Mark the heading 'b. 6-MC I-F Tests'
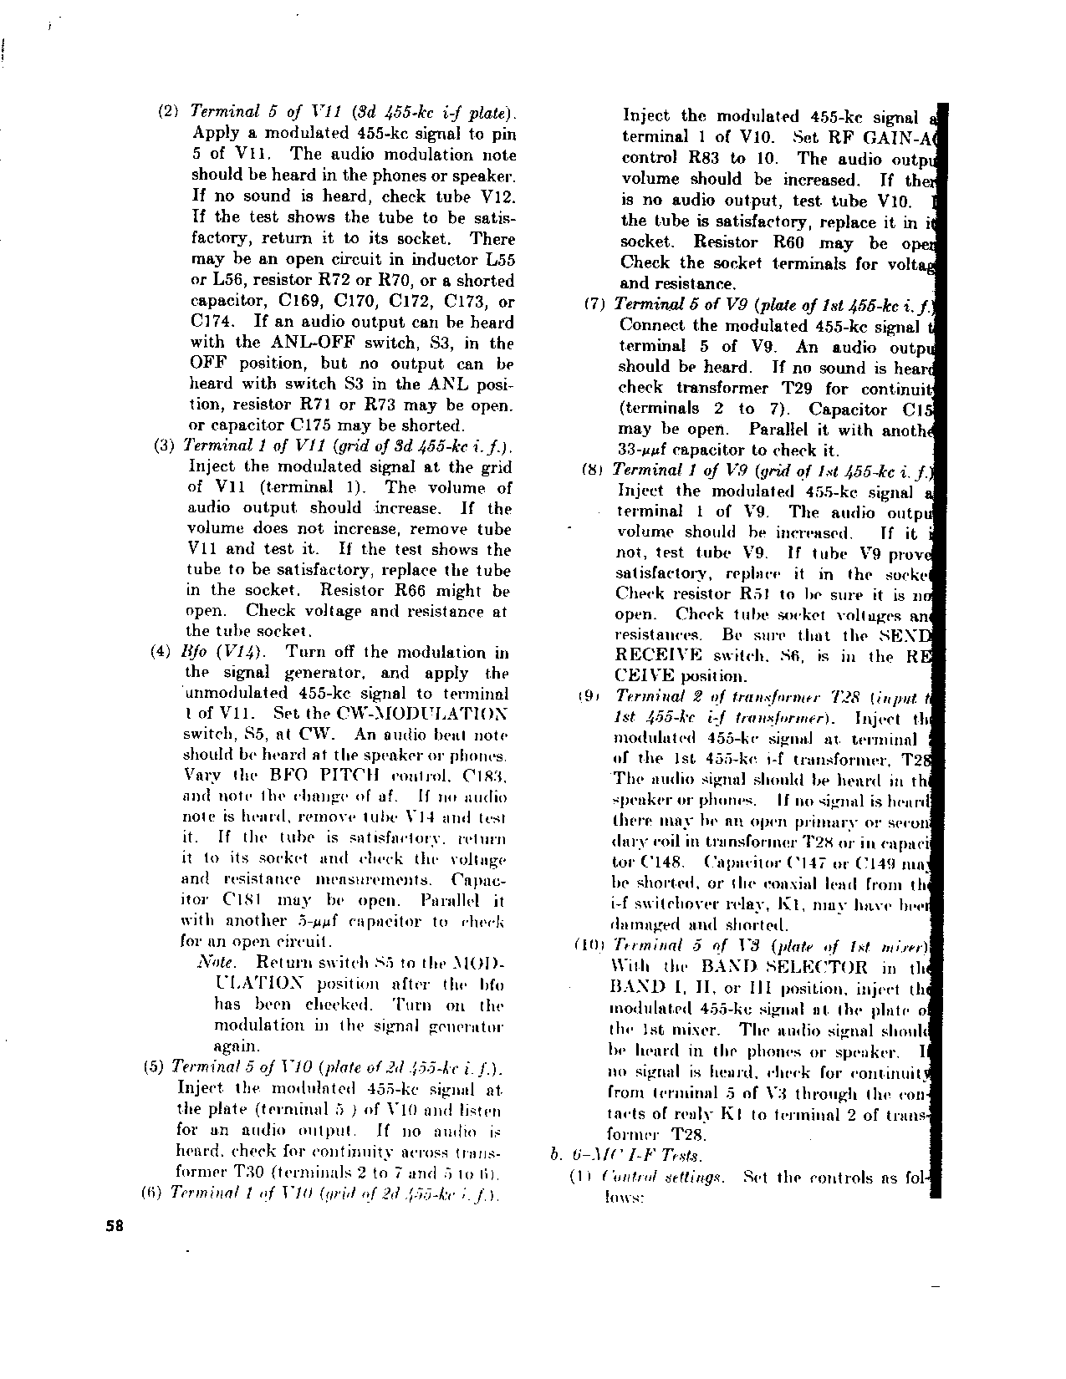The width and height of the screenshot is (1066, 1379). coord(626,1156)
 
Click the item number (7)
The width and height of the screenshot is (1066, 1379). coord(594,305)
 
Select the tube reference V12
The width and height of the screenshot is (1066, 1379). coord(495,196)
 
